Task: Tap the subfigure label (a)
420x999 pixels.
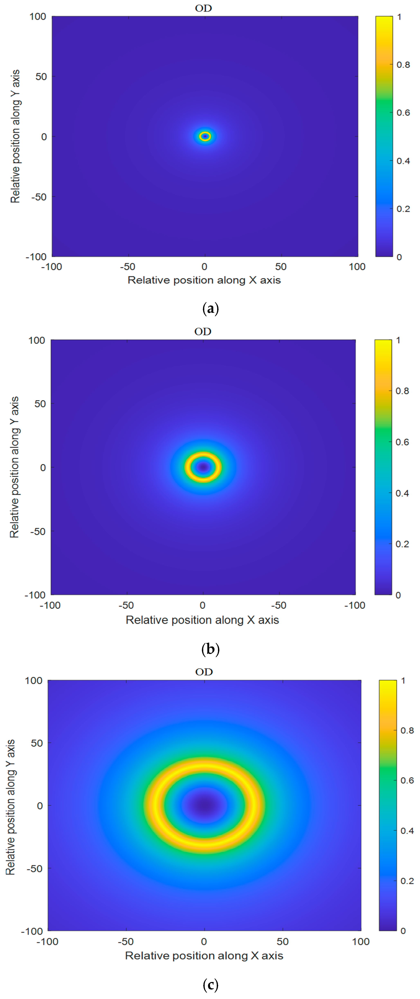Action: [x=210, y=309]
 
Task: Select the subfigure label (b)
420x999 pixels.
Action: [x=210, y=649]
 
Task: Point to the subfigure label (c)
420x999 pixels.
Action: [x=210, y=984]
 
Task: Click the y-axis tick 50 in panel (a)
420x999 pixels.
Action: [x=41, y=76]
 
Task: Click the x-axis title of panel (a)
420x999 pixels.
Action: [x=204, y=280]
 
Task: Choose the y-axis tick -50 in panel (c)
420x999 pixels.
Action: [x=35, y=869]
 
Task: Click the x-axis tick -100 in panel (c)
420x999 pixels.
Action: [x=47, y=942]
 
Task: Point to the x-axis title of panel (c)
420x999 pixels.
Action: [x=204, y=956]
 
